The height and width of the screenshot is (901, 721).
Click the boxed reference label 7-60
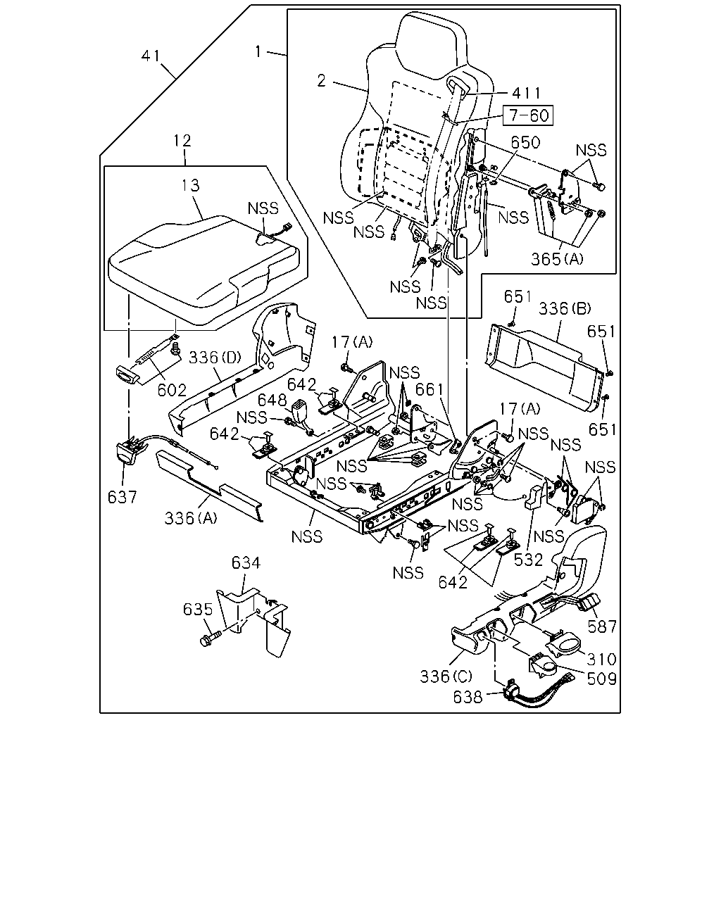pos(528,115)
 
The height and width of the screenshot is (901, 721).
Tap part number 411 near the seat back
pos(527,93)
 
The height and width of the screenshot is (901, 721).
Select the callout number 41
pos(151,56)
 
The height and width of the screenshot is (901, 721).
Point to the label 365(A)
pos(557,259)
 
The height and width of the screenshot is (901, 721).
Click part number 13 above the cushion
pos(191,185)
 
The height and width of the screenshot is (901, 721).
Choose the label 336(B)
pos(565,309)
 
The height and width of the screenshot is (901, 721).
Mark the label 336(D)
pos(215,357)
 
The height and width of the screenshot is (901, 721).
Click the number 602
pos(172,390)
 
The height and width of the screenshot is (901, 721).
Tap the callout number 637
pos(123,497)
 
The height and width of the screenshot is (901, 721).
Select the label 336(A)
pos(191,518)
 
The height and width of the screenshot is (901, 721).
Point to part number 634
pos(246,562)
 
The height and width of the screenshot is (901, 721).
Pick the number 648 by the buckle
pos(272,401)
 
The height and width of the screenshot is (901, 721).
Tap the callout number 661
pos(429,390)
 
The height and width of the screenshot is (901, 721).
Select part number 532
pos(528,560)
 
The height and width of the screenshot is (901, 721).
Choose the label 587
pos(602,626)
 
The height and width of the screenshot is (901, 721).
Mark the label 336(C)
pos(446,677)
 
